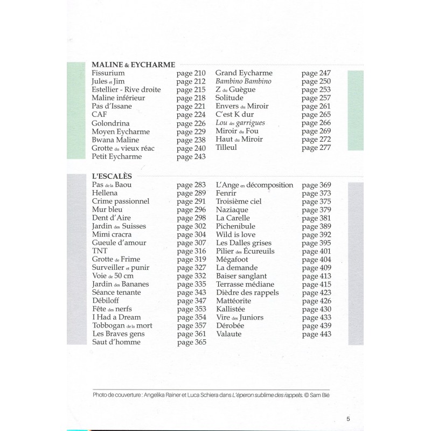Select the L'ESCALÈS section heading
tap(112, 176)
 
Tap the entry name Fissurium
tap(108, 73)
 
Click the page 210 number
tap(191, 73)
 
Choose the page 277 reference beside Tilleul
tap(316, 148)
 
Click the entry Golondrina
tap(110, 123)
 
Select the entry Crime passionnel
tap(121, 201)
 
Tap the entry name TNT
tap(100, 251)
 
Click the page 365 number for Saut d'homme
tap(192, 343)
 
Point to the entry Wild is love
tap(235, 234)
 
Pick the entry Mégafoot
tap(232, 259)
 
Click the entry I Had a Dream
tap(117, 317)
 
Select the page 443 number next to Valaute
tap(317, 335)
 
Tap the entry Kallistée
tap(231, 309)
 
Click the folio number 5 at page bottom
tap(348, 419)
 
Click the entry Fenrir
tap(226, 193)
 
